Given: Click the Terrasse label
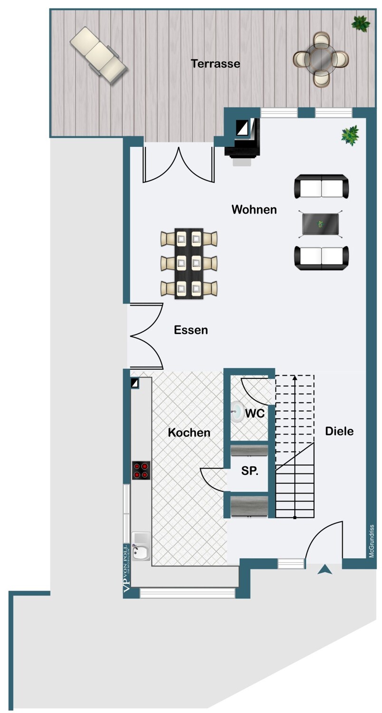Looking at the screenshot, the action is (x=215, y=64).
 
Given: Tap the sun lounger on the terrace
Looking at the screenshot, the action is (x=99, y=56).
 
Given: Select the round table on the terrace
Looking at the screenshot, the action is (x=321, y=59).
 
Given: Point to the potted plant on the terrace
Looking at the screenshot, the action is (x=361, y=24).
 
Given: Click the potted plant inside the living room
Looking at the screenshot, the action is (x=350, y=135).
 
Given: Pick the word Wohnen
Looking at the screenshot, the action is (x=254, y=210).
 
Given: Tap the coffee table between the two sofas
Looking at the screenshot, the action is (x=321, y=224).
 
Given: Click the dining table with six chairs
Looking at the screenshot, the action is (x=189, y=263).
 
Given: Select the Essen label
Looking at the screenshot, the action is (x=191, y=330).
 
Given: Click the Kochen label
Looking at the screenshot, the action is (x=189, y=432).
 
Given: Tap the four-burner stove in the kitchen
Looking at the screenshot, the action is (x=141, y=471).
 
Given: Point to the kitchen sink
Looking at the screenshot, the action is (x=141, y=547).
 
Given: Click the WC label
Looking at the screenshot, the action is (x=255, y=414).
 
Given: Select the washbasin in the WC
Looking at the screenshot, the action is (x=237, y=412).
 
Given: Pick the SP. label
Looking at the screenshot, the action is (x=250, y=471).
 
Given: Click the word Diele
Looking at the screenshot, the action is (x=339, y=431).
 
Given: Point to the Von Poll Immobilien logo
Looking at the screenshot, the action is (x=126, y=568).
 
